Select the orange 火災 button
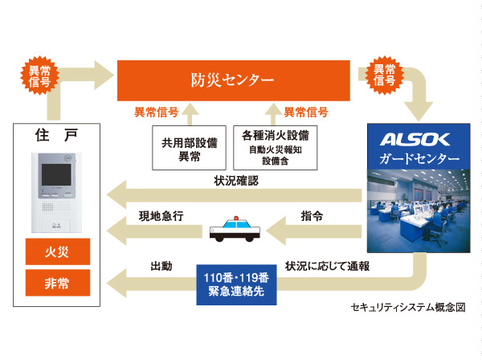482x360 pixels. point(57,252)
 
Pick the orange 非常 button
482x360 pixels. point(57,282)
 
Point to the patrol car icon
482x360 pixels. point(235,230)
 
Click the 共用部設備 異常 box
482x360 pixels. point(188,146)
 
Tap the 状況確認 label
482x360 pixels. point(237,181)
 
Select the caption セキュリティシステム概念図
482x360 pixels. point(408,308)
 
